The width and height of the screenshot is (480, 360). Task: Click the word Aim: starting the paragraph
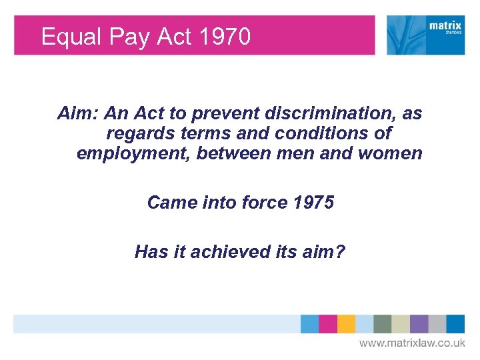click(x=78, y=114)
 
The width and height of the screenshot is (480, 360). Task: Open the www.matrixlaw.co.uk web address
click(x=412, y=343)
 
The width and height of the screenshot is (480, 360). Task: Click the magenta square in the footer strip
click(x=327, y=324)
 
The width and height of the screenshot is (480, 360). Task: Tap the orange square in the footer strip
click(x=346, y=324)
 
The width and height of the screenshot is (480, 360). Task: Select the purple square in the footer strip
click(x=419, y=324)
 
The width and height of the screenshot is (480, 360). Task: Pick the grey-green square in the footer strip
click(x=382, y=324)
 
